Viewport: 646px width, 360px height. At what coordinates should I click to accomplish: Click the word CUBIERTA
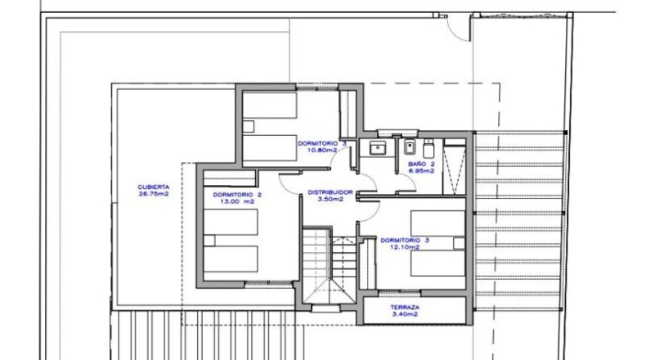153,187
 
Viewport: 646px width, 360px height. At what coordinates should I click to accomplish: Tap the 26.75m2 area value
153,193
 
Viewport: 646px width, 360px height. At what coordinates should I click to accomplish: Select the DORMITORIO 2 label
237,195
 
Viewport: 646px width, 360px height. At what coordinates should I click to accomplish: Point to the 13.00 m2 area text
237,201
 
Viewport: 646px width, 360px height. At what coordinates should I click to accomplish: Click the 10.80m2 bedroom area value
322,150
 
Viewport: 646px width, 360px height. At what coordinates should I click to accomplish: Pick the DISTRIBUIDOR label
330,192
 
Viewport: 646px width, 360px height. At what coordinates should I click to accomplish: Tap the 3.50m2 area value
330,199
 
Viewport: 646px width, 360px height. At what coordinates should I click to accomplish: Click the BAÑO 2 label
421,164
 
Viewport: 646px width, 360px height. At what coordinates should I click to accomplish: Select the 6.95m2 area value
421,171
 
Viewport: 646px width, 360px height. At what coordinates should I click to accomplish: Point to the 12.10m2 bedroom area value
405,247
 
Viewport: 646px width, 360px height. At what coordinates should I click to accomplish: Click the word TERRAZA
405,307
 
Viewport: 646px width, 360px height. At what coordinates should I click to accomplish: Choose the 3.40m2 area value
405,314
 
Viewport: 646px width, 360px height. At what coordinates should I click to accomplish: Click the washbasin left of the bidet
378,147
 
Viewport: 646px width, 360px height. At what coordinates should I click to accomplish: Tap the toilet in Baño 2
428,148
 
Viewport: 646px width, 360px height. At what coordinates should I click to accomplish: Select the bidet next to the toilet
409,146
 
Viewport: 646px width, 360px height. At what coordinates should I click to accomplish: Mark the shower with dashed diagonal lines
455,170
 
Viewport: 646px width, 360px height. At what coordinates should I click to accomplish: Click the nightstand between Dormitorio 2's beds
209,241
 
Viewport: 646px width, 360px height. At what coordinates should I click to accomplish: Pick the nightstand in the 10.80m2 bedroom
248,126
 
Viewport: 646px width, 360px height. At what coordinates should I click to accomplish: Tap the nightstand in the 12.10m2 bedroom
460,243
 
